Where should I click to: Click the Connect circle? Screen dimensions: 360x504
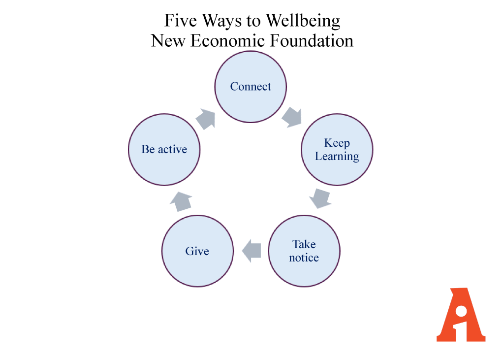pos(251,87)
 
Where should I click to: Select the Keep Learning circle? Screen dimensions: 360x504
pos(337,150)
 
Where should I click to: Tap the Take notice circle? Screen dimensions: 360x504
pos(304,251)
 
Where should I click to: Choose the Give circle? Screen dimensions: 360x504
pos(197,251)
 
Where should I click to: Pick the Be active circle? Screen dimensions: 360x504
pos(164,150)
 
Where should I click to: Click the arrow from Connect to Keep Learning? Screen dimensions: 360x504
pos(292,117)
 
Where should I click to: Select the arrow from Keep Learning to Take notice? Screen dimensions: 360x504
pos(320,197)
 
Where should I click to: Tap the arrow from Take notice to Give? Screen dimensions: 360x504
pos(252,251)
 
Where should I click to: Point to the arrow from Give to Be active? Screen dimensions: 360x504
pos(181,200)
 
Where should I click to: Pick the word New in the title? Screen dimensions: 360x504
pos(168,40)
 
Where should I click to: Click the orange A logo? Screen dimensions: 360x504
pos(461,315)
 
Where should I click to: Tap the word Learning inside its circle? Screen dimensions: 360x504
pos(337,157)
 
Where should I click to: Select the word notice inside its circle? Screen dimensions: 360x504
pos(304,258)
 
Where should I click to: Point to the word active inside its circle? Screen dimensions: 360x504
pos(172,150)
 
